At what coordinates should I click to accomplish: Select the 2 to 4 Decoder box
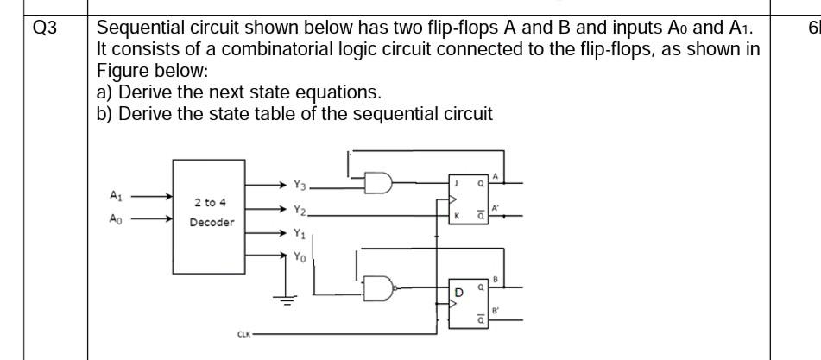click(211, 216)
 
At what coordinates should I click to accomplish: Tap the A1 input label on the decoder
click(115, 196)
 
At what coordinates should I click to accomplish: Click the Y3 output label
click(300, 184)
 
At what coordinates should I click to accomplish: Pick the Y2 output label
click(300, 209)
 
